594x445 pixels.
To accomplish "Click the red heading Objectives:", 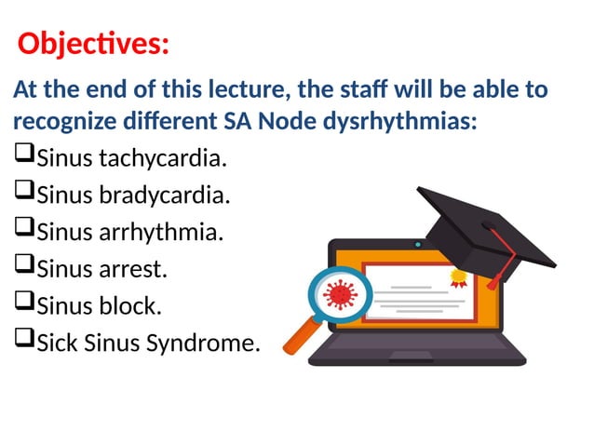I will [x=94, y=44].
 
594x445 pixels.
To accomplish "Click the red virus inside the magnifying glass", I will [x=339, y=295].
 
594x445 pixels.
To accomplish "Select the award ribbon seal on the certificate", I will [x=457, y=276].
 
